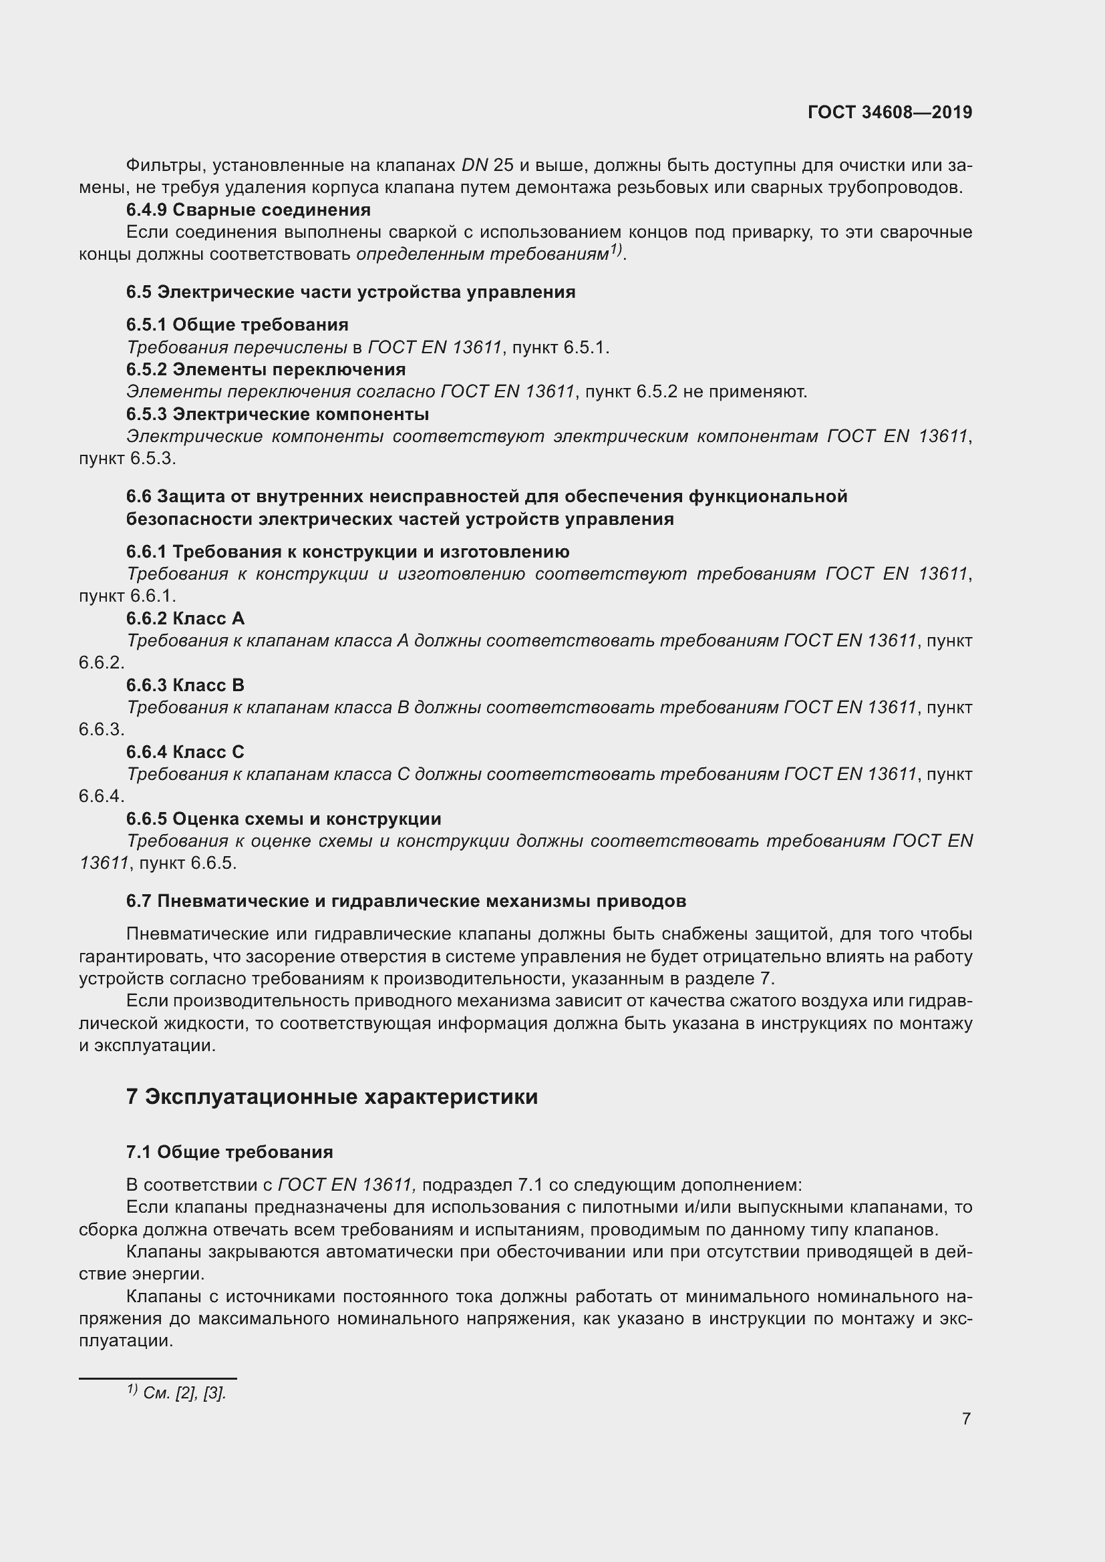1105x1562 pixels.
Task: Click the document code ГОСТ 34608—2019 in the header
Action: [x=889, y=112]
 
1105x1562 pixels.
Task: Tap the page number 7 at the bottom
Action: [x=966, y=1419]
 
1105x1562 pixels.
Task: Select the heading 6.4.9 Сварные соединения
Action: [x=249, y=210]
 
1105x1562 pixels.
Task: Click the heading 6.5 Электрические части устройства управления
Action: [x=351, y=292]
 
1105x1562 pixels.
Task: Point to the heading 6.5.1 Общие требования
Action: [x=236, y=325]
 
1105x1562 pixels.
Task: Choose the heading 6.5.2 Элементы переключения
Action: [x=265, y=369]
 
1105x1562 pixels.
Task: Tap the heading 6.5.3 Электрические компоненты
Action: [x=277, y=413]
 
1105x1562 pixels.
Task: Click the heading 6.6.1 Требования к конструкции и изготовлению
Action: [x=347, y=551]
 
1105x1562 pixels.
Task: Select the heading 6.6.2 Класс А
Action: [x=185, y=618]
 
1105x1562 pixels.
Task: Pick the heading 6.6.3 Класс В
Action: [x=185, y=685]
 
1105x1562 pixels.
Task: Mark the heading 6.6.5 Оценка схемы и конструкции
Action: [x=283, y=819]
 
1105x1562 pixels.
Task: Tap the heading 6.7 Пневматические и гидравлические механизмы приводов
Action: [x=406, y=901]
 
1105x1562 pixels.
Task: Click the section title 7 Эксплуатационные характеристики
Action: [x=331, y=1097]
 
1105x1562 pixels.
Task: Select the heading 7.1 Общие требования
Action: [x=229, y=1152]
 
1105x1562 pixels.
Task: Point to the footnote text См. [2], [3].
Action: [x=184, y=1392]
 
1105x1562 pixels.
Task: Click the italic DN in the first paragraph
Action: [x=475, y=166]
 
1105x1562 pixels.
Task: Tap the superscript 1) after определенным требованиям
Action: [x=616, y=250]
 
